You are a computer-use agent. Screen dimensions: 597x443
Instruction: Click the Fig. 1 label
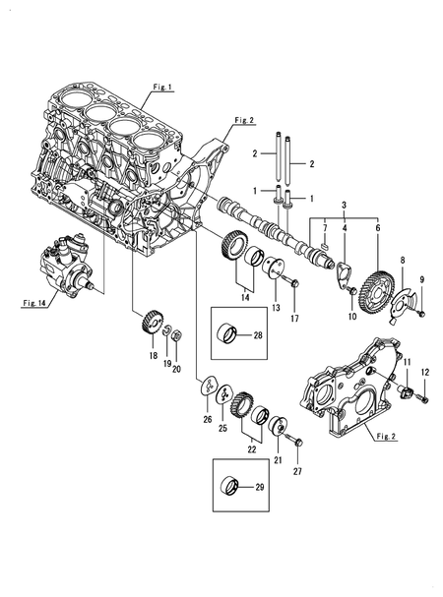pos(161,88)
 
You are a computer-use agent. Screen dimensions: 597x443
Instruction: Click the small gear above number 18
pos(151,322)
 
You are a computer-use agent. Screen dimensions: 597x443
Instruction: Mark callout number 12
pos(426,372)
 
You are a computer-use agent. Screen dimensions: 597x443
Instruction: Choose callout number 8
pos(401,260)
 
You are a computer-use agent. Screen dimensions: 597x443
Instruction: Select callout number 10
pos(352,317)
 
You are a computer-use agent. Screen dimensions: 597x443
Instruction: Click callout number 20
pos(177,369)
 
